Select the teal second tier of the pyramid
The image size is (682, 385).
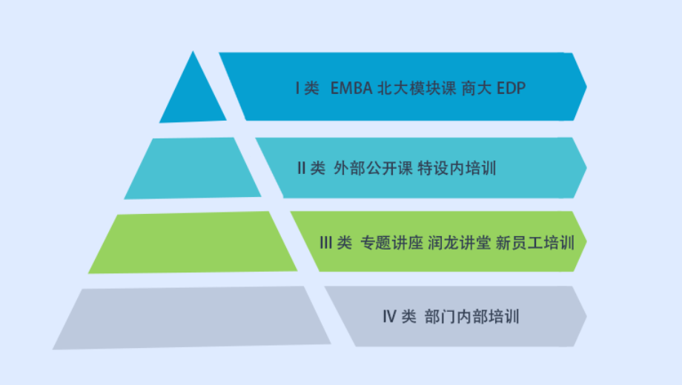193,168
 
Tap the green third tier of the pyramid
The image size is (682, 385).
193,242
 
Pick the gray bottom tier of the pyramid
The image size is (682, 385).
191,318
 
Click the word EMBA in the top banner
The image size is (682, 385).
351,88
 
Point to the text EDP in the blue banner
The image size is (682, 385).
511,88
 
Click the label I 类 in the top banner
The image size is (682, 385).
307,88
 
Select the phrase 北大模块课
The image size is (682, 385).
417,88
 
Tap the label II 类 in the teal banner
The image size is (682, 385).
311,168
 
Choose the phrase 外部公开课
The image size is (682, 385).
373,168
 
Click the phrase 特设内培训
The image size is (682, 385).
457,168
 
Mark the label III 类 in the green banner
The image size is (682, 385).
336,242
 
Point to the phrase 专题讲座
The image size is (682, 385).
392,242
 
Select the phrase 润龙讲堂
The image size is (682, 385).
460,242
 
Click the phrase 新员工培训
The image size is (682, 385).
535,242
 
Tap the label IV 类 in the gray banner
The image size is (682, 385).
400,317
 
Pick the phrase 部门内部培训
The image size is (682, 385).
472,317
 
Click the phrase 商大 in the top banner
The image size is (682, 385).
476,88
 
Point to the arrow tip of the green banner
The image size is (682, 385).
586,241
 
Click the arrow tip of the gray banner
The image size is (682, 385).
586,316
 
